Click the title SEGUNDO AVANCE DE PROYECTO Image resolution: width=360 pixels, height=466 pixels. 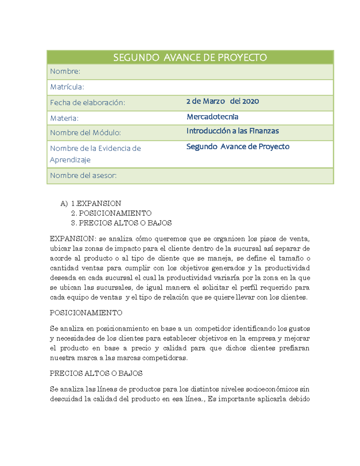click(190, 57)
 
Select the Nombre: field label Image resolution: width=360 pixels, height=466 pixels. click(65, 71)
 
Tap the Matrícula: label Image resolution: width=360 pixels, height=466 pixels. click(67, 87)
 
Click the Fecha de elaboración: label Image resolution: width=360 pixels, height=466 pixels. click(87, 103)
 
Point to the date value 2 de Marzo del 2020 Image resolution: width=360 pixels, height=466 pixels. click(222, 101)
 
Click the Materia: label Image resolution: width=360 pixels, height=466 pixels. click(64, 118)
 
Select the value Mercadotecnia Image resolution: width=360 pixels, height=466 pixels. click(212, 117)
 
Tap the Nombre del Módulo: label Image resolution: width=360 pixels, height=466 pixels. click(85, 133)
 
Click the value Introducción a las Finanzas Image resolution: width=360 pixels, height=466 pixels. click(232, 131)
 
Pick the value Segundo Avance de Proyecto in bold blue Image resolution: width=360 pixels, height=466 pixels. click(238, 146)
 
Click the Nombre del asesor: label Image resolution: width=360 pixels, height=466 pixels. click(83, 175)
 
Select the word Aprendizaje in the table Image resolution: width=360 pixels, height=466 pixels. click(70, 160)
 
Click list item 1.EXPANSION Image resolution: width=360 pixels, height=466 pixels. click(96, 203)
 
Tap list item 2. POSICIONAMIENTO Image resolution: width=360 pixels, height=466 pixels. click(111, 213)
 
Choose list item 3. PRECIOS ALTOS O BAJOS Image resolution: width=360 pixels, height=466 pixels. click(121, 223)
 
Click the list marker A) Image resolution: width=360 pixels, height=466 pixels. click(64, 203)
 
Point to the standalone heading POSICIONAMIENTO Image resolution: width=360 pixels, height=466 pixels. click(86, 313)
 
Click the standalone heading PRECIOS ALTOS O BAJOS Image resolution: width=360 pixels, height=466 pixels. click(96, 373)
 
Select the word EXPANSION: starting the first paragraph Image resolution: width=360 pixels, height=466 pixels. click(73, 239)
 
